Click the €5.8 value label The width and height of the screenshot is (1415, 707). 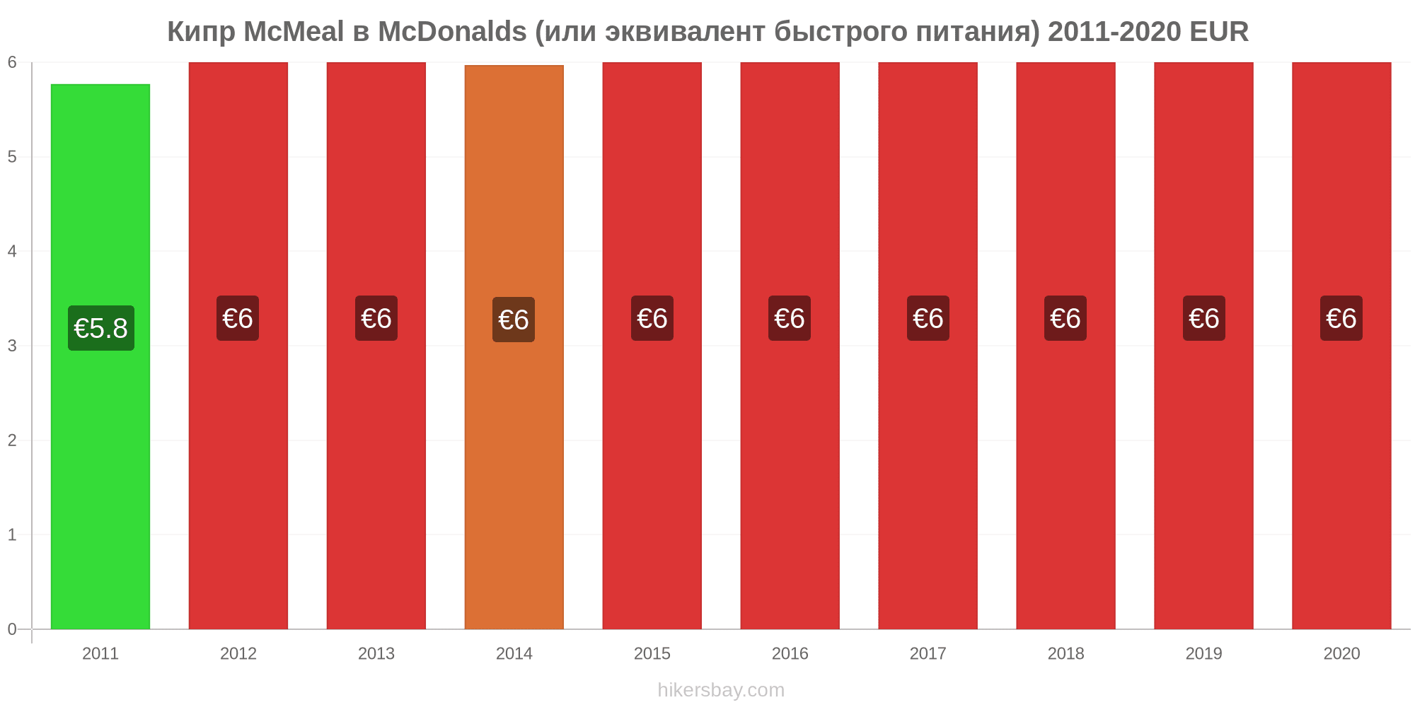coord(101,329)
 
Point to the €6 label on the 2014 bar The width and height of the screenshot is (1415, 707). coord(514,320)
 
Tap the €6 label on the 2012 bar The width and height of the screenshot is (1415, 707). coord(238,319)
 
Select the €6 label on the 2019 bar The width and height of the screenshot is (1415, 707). coord(1204,319)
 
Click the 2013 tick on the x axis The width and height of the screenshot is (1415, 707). coord(376,653)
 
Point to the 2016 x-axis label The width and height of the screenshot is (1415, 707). coord(790,653)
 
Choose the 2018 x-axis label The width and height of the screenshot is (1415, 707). coord(1065,653)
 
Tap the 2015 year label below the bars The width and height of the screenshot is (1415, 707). coord(652,653)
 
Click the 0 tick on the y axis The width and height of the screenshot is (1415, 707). coord(12,629)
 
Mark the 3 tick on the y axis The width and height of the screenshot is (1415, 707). coord(12,346)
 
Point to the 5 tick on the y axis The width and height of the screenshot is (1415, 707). coord(12,157)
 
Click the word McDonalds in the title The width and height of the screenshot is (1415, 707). coord(453,32)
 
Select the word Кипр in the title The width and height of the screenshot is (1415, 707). coord(201,32)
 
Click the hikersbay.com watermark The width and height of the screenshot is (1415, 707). coord(721,690)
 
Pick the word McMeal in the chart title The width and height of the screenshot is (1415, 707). coord(294,32)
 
